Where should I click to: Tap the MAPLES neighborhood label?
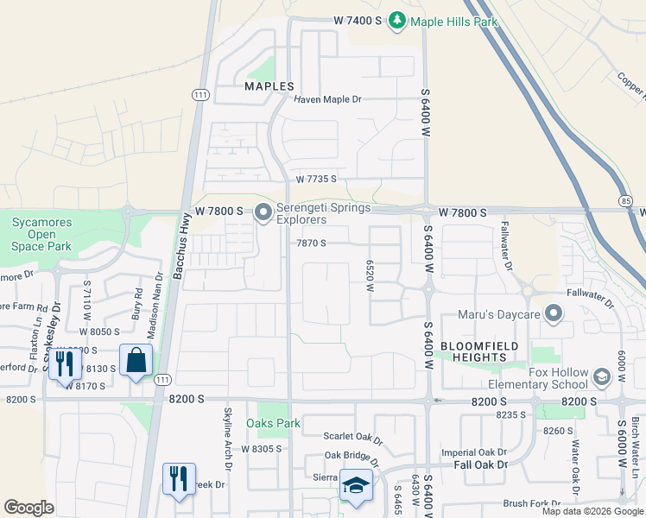(x=269, y=86)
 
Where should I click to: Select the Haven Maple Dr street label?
(x=327, y=99)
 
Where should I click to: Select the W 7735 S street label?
(x=315, y=180)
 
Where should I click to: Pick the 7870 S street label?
(x=311, y=243)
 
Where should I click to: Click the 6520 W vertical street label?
(x=369, y=276)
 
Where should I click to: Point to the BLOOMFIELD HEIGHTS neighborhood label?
(x=472, y=351)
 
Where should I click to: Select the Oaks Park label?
(x=273, y=423)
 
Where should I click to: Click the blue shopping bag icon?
(x=136, y=360)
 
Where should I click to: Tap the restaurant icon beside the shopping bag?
(x=65, y=363)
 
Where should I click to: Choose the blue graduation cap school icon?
(x=355, y=484)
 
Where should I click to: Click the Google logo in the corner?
(x=28, y=508)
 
